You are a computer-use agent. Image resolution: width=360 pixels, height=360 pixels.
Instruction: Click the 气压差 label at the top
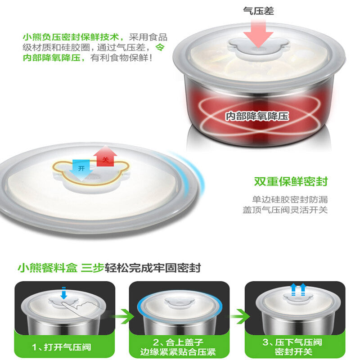tap(258, 11)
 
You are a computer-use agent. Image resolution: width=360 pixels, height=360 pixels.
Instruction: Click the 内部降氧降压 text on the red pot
tap(257, 116)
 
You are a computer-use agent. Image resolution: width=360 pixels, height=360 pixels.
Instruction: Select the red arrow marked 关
tap(105, 156)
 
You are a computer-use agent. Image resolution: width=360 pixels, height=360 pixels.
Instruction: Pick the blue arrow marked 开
tap(81, 170)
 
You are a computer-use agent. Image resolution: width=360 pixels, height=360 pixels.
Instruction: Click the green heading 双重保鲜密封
tap(291, 181)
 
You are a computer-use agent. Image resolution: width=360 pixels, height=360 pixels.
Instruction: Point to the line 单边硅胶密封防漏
tap(290, 199)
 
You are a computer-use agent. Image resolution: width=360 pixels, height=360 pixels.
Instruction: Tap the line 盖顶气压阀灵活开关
tap(285, 210)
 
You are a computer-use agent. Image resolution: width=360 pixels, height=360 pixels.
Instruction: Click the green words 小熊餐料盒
tap(48, 268)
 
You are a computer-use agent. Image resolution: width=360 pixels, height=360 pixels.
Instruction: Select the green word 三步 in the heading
tap(93, 268)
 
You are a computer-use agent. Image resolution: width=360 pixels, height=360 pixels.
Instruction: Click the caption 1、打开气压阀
tap(62, 347)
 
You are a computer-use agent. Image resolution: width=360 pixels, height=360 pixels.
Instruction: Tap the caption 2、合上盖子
tap(178, 342)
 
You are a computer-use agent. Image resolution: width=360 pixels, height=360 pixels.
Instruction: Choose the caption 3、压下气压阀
tap(292, 342)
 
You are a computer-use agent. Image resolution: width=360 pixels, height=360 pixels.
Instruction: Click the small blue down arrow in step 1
tap(64, 293)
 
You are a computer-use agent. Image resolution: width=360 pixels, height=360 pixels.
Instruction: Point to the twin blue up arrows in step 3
tap(298, 289)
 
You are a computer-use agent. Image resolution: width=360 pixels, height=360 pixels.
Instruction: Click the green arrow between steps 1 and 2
tap(123, 316)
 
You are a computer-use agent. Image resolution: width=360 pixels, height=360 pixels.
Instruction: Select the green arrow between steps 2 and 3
tap(239, 316)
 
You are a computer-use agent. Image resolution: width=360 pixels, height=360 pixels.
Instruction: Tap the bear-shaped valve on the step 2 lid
tap(180, 303)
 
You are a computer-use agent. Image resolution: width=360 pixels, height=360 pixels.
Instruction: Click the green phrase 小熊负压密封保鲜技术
tap(71, 37)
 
